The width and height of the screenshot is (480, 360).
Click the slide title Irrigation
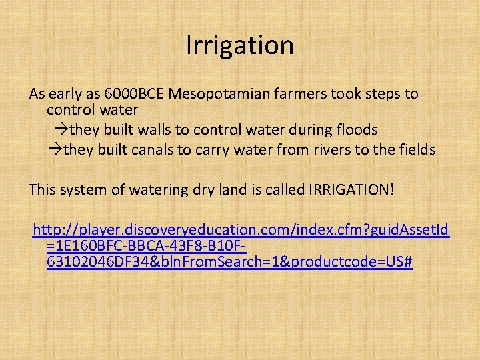coord(239,45)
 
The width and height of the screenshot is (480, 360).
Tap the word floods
coord(353,129)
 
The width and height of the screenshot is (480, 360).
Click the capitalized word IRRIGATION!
coord(351,190)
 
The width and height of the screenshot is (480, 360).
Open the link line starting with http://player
coord(241,231)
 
